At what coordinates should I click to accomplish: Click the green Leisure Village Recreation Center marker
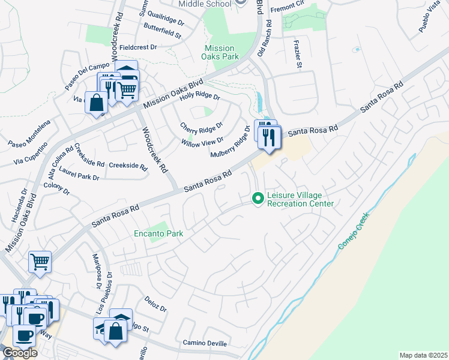[x=258, y=197]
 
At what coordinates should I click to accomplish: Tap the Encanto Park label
[x=158, y=233]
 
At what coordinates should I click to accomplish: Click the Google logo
[x=20, y=353]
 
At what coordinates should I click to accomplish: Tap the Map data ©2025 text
[x=423, y=355]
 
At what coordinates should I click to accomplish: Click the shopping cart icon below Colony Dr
[x=40, y=261]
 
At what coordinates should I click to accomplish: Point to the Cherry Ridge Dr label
[x=202, y=127]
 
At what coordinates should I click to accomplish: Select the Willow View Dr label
[x=202, y=143]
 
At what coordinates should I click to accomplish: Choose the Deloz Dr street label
[x=155, y=304]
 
